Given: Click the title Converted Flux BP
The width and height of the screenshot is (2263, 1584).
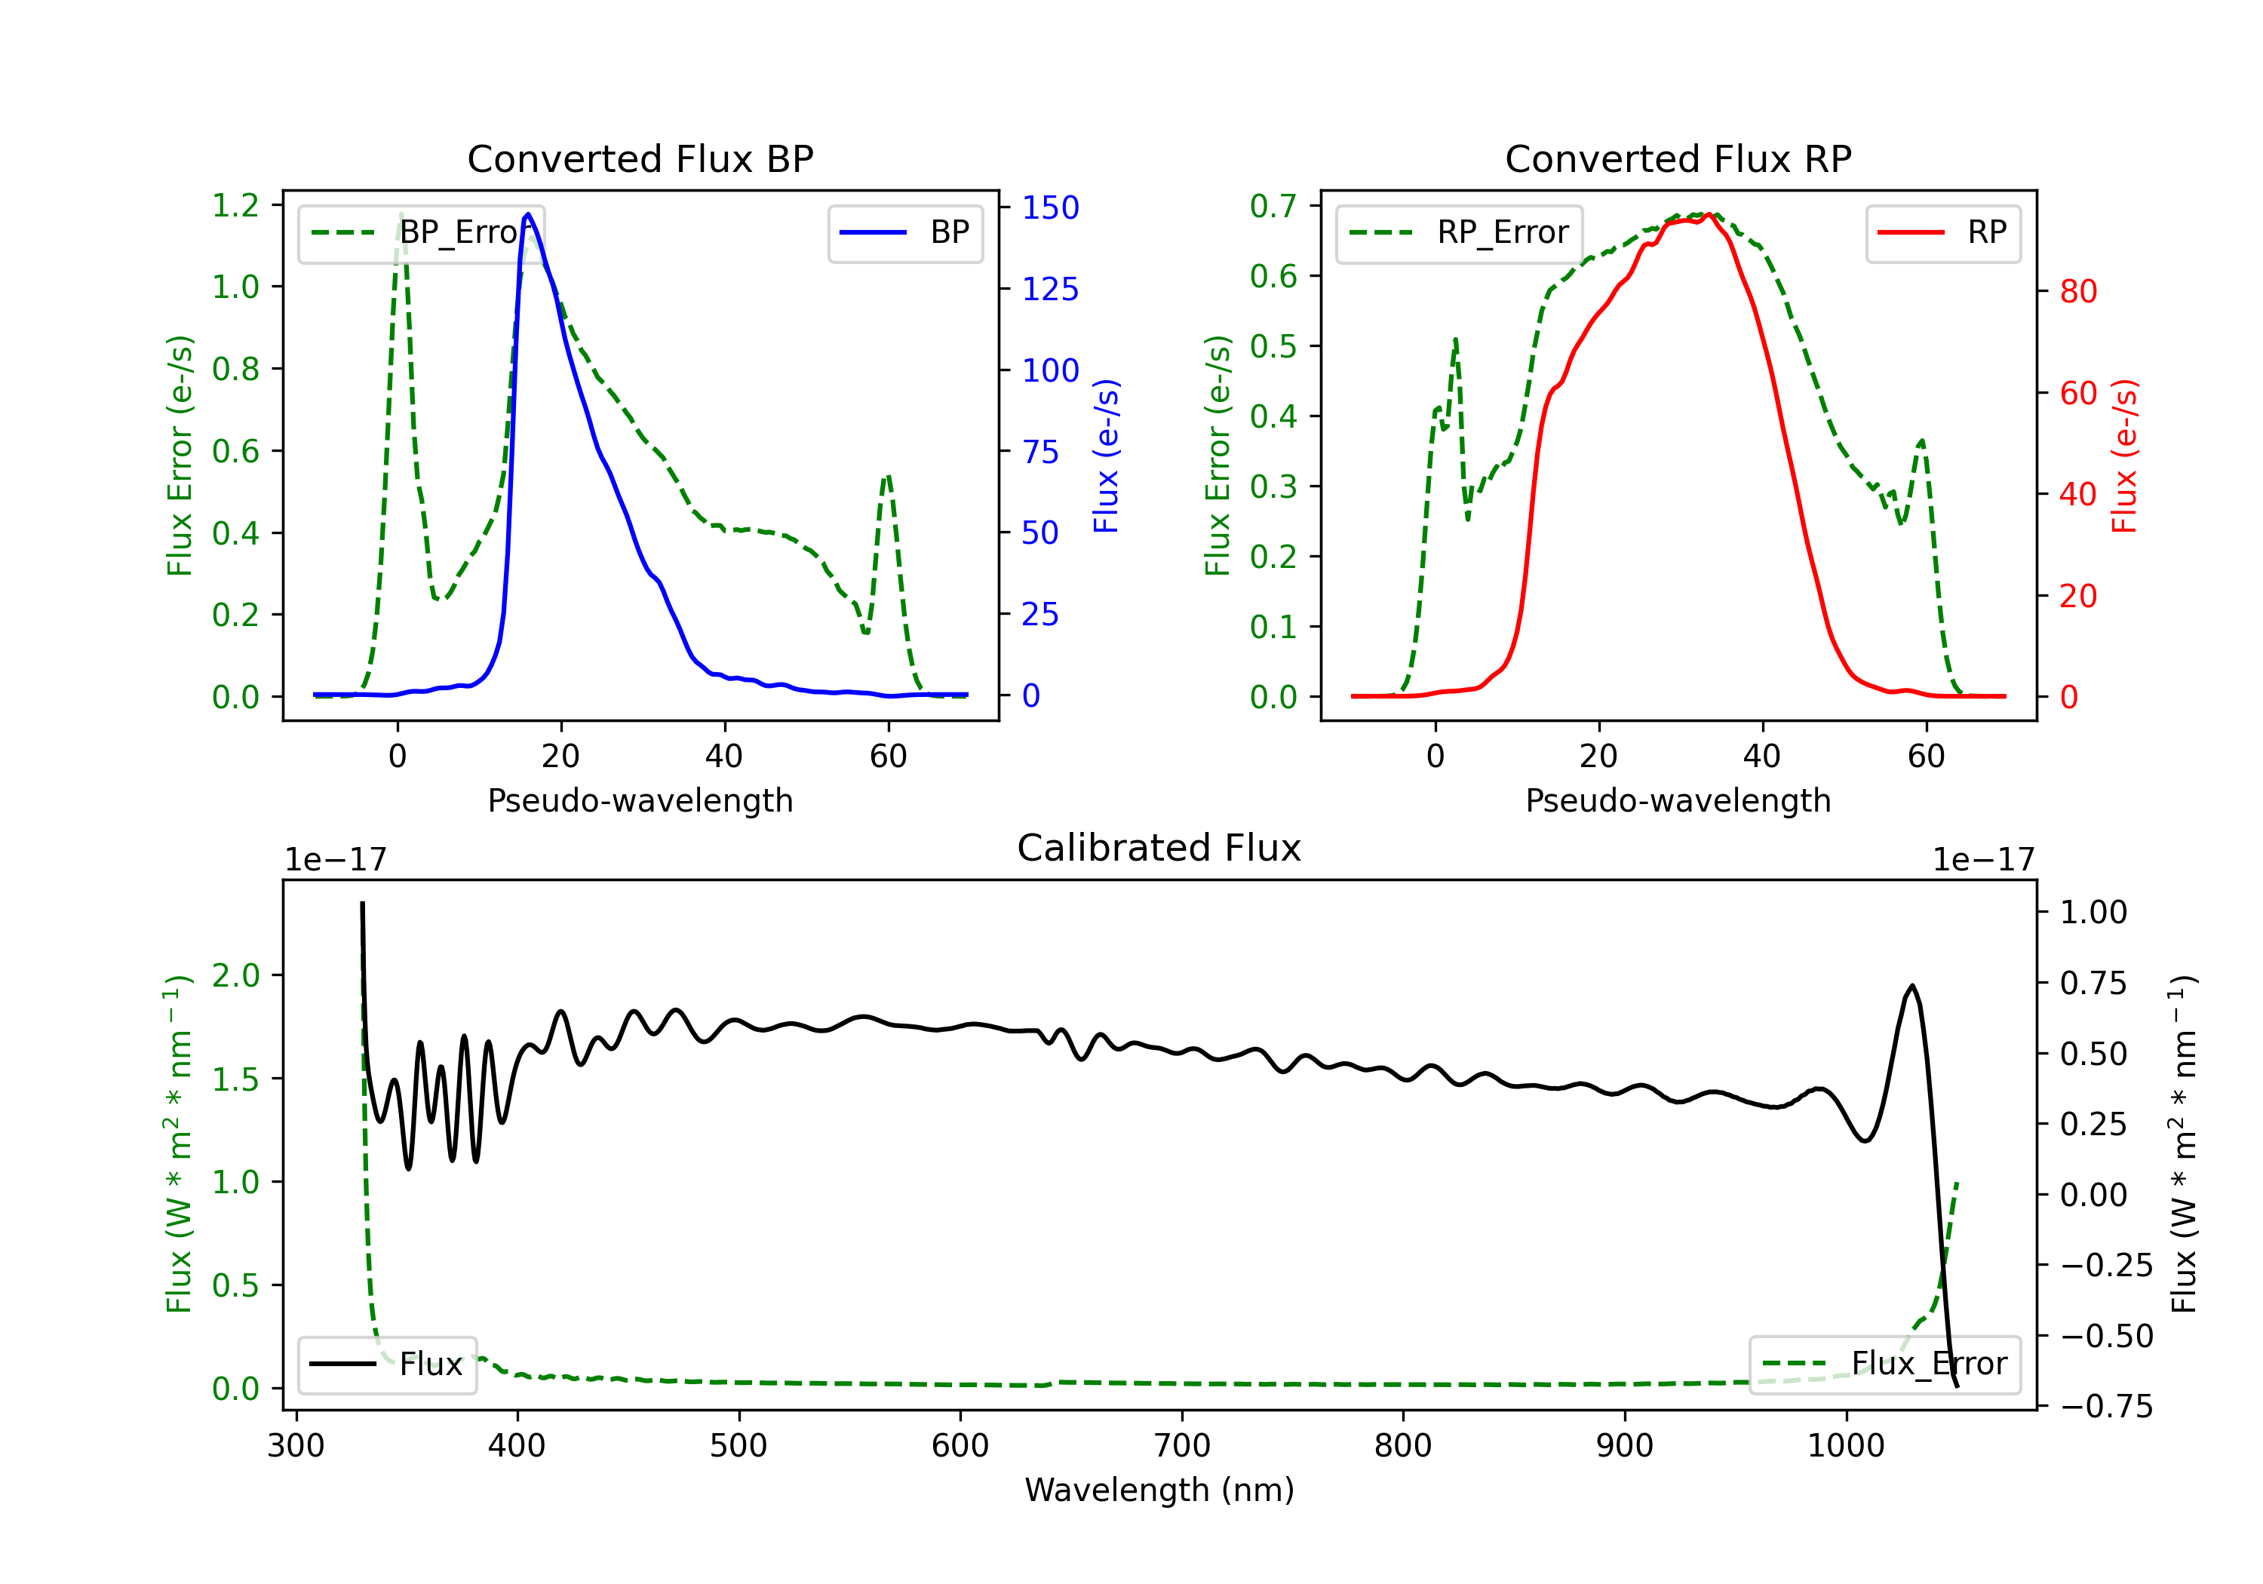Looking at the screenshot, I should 640,158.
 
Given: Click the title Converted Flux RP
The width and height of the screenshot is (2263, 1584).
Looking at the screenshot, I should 1678,158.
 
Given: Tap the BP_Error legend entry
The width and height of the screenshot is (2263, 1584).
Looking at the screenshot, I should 421,232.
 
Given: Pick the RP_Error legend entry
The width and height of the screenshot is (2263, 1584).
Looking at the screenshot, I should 1459,232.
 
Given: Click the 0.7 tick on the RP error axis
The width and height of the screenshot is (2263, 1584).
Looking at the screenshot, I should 1273,205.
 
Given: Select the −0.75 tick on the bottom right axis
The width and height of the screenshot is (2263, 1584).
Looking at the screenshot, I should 2105,1405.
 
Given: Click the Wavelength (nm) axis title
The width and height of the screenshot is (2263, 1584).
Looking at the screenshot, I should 1159,1490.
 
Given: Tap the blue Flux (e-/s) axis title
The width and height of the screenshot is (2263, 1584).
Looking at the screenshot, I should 1106,456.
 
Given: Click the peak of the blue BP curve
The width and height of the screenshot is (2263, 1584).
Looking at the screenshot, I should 528,214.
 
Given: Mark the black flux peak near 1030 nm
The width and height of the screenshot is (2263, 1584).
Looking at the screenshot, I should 1912,986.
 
